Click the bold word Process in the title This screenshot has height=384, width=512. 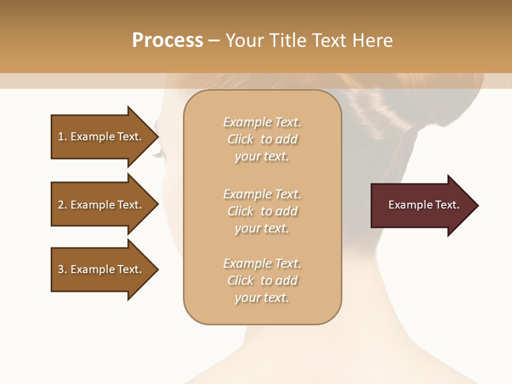tap(167, 41)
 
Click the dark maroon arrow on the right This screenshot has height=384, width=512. tap(421, 205)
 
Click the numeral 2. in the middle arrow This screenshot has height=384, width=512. tap(62, 205)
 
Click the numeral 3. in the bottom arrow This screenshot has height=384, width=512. tap(62, 269)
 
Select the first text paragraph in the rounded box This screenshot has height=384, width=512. tap(262, 139)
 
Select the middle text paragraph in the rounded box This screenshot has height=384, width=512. tap(262, 211)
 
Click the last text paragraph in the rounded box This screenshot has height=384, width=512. tap(262, 281)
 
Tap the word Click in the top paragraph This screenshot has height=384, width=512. tap(241, 139)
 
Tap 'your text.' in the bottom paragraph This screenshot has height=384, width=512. tap(262, 298)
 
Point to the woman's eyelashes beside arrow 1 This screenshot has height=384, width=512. tap(160, 155)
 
